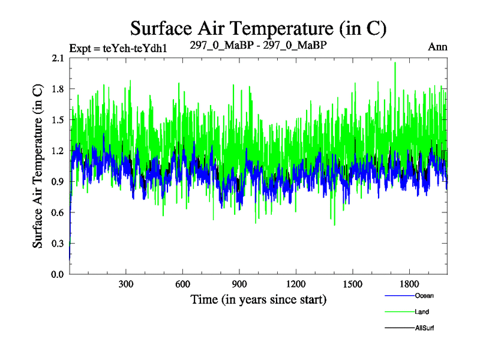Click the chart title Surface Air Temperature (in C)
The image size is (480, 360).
pos(258,28)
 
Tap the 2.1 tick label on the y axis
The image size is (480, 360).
pos(58,58)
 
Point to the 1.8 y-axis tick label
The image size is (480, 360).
pos(58,89)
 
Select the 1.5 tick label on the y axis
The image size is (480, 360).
pos(58,120)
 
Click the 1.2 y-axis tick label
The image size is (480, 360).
pos(58,151)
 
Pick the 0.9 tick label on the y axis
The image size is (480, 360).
pos(58,182)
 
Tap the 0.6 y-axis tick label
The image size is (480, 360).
pos(58,212)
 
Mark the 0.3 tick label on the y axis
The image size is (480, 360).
pos(58,244)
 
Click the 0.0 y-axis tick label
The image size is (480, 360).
pos(58,274)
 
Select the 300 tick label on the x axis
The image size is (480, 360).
pos(126,284)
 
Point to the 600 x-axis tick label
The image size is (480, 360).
pos(183,284)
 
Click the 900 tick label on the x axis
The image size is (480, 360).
pos(239,284)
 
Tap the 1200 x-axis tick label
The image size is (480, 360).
pos(296,284)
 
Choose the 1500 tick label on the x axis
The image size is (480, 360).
pos(352,284)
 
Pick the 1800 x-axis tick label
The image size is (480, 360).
pos(409,284)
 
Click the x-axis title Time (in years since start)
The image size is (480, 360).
pos(258,299)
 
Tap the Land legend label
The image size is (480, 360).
pos(422,312)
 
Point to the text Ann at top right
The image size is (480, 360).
pos(437,47)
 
